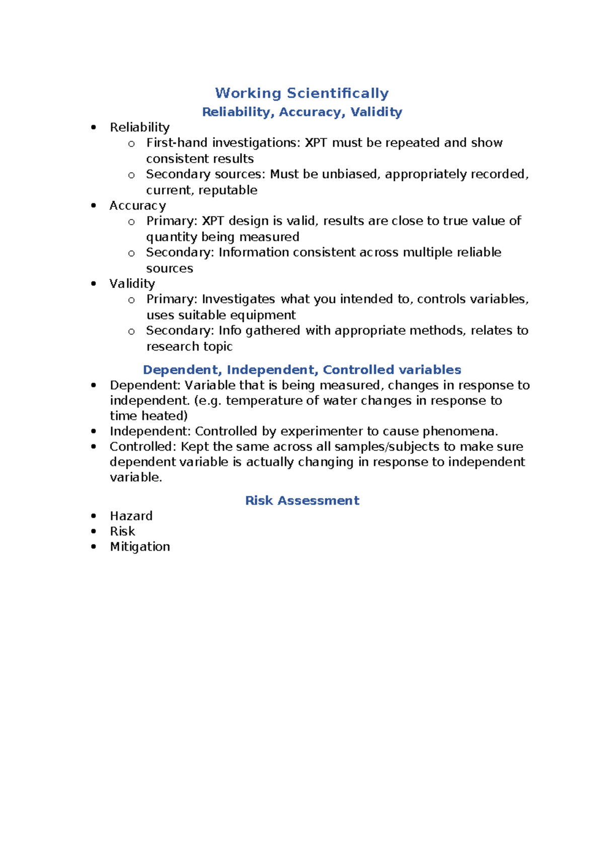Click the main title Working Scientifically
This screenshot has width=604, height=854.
click(x=302, y=93)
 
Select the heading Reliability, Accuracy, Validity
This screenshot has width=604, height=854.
click(x=302, y=112)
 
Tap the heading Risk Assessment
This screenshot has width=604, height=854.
click(x=302, y=501)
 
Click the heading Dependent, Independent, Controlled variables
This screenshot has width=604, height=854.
click(x=302, y=370)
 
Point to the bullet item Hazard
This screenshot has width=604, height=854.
click(x=131, y=516)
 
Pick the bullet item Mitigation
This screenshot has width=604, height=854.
click(x=140, y=546)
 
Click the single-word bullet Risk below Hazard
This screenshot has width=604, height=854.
click(x=122, y=531)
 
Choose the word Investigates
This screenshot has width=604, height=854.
click(x=239, y=299)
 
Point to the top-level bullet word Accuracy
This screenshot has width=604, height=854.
click(x=137, y=205)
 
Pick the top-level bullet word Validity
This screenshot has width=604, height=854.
click(x=132, y=283)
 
